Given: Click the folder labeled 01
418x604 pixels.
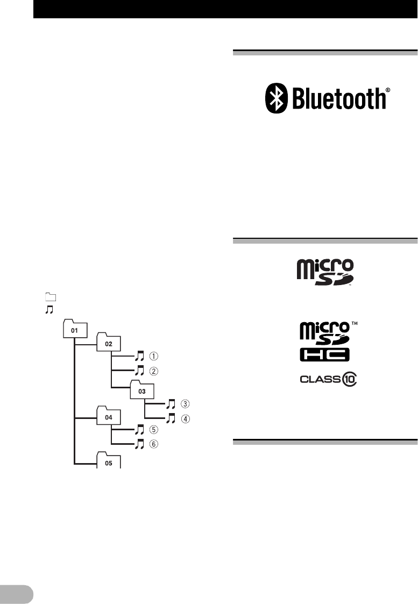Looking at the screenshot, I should tap(75, 330).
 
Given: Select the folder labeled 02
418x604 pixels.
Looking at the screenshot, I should tap(109, 343).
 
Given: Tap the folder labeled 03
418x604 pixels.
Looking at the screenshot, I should tap(142, 391).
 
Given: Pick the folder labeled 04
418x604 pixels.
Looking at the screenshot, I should tap(109, 416).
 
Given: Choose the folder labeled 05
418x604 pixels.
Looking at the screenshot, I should tap(109, 462).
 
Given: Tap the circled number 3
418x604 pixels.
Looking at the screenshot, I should tap(185, 404).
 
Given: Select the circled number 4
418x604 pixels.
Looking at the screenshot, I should tap(185, 418).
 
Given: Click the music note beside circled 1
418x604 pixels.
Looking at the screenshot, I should tap(140, 356).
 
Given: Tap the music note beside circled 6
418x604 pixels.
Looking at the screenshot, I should tap(140, 444).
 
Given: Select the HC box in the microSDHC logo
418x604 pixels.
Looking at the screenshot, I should tap(324, 354).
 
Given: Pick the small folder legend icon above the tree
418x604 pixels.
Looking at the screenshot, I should tap(51, 296).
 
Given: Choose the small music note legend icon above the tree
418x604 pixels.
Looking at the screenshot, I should tap(50, 309).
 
